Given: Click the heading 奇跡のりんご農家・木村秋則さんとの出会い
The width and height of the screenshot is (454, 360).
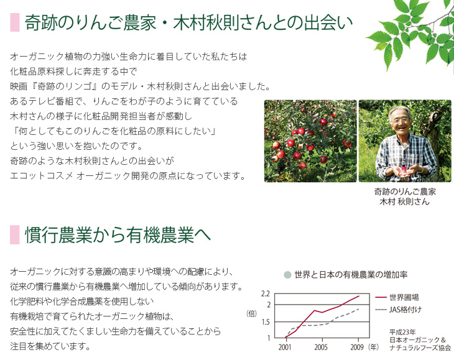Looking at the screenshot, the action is (x=188, y=22).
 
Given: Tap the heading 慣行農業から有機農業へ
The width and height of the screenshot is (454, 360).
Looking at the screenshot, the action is (x=118, y=234).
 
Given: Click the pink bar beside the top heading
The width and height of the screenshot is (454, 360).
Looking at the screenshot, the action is (x=15, y=22).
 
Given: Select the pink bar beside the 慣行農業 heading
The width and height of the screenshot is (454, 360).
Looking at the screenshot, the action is (x=15, y=234).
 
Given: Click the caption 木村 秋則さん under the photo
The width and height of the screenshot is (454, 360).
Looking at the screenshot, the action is (x=404, y=201).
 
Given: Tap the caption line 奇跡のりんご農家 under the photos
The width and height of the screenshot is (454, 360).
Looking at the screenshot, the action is (x=405, y=192).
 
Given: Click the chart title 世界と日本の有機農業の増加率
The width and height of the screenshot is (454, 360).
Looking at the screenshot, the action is (x=351, y=274).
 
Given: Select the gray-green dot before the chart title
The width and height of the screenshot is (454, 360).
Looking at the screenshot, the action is (x=287, y=275).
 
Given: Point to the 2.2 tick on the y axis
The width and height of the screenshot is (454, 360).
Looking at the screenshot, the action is (x=266, y=293).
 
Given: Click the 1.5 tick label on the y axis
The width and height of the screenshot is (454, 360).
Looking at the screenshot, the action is (x=266, y=322).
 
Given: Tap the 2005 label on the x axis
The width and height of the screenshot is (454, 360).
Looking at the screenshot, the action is (x=321, y=347).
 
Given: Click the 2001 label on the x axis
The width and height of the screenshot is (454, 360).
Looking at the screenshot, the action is (x=285, y=347).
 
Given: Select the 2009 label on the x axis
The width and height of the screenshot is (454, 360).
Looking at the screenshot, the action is (x=357, y=347).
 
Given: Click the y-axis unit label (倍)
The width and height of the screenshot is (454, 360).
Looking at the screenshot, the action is (x=252, y=313).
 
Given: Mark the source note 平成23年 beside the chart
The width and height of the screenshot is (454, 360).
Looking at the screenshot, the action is (x=402, y=332).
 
